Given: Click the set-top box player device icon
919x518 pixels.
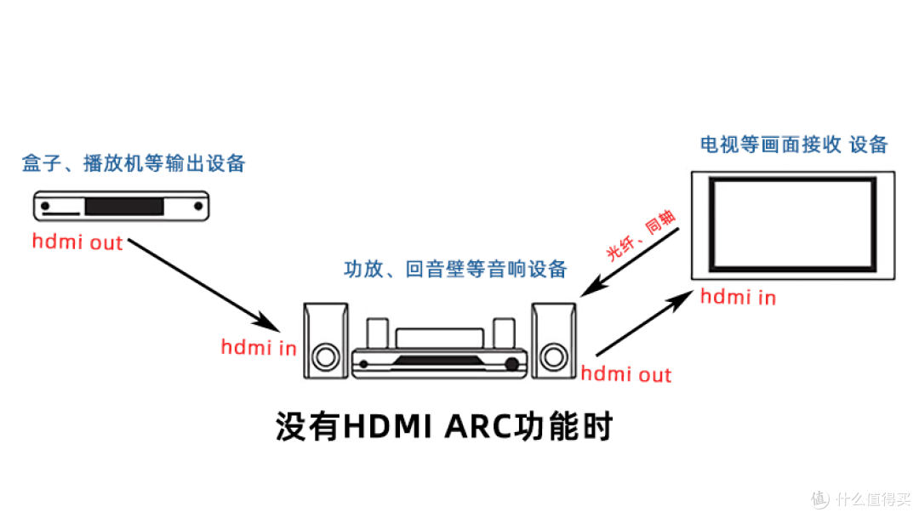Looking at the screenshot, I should (121, 206).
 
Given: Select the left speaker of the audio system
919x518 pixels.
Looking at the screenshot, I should (326, 340).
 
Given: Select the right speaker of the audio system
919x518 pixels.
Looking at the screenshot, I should (554, 340).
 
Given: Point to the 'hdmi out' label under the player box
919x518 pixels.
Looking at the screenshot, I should (77, 242).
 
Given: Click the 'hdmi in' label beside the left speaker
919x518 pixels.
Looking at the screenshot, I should (259, 347).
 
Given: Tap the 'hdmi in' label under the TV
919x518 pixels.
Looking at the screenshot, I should (738, 298).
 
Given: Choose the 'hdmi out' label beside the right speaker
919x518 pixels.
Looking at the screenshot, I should (625, 374).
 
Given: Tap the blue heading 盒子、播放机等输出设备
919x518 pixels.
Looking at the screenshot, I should (134, 163).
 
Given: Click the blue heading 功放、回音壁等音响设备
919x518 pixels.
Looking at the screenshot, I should (455, 270).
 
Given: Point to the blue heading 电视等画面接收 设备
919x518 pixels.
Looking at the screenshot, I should (793, 145).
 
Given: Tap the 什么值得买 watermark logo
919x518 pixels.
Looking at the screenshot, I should (860, 498).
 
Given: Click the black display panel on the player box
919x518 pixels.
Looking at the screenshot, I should (123, 206).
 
